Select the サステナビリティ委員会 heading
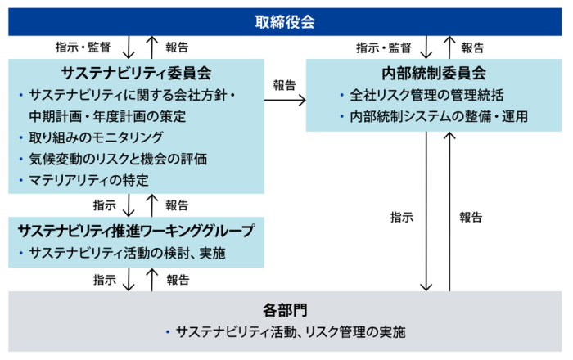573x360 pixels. [x=135, y=73]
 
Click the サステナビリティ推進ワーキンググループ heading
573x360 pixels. [x=136, y=231]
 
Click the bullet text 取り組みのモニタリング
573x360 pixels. [x=96, y=137]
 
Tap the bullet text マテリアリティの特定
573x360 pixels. [x=91, y=179]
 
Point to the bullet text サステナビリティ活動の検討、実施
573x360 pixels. [x=127, y=253]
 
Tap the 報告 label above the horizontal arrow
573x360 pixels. [x=285, y=84]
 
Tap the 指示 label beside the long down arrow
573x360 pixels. [x=401, y=217]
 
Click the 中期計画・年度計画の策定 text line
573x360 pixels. [x=107, y=115]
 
